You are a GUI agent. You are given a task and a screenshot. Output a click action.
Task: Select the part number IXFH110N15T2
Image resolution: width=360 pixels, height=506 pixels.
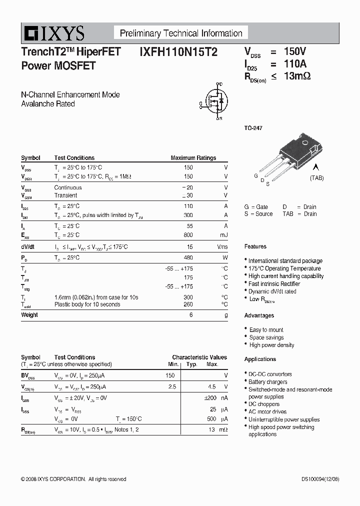click(175, 51)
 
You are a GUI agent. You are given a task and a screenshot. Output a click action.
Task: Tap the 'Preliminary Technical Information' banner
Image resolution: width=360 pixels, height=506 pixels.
click(181, 33)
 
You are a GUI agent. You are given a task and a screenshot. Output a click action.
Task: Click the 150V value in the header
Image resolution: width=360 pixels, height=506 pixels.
click(295, 51)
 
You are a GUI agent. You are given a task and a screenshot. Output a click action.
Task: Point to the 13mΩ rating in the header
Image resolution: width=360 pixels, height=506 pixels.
click(297, 76)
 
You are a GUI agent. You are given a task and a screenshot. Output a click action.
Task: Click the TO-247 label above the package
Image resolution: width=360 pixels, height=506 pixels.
click(253, 128)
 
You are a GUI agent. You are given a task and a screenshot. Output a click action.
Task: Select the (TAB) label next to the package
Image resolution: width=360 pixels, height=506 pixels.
click(316, 178)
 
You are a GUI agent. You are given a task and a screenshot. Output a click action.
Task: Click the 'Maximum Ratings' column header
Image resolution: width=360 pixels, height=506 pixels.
click(193, 158)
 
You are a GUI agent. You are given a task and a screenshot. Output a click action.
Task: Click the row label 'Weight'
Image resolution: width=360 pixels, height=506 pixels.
click(29, 315)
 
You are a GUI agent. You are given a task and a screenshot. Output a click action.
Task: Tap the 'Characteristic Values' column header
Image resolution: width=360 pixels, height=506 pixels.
click(199, 357)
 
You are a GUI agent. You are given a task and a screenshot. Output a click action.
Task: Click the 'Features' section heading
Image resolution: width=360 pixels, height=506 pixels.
click(255, 246)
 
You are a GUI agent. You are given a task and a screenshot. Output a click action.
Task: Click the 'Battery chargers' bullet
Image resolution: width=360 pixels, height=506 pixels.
click(268, 382)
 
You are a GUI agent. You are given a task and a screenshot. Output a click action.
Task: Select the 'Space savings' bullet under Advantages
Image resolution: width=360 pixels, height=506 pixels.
click(266, 337)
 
